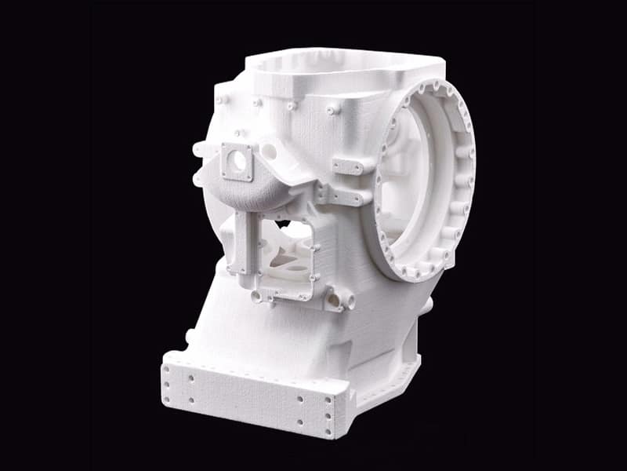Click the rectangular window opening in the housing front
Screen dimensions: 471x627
click(x=286, y=251)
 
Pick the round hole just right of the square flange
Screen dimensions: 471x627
click(x=269, y=150)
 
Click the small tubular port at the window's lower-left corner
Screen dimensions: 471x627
click(x=256, y=296)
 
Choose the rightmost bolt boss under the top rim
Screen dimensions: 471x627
click(x=334, y=111)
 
